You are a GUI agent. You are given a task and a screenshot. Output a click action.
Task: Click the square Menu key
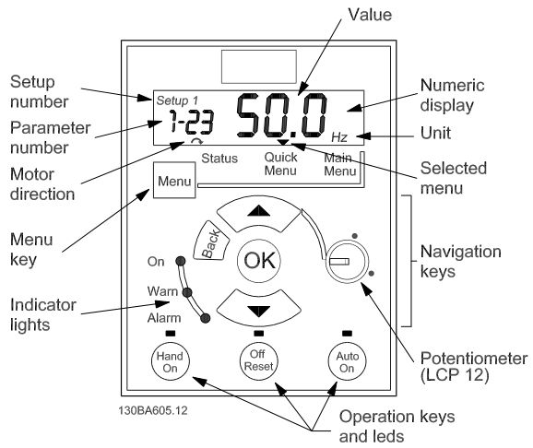click(174, 180)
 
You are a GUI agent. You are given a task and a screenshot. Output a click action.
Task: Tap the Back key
click(211, 242)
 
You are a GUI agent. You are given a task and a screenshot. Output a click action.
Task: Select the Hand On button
click(170, 361)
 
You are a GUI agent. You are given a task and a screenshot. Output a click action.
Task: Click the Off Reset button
click(259, 360)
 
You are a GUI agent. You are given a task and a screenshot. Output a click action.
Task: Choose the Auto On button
click(347, 361)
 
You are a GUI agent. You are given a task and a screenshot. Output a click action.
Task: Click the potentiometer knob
click(347, 261)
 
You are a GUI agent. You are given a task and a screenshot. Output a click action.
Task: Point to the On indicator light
click(181, 261)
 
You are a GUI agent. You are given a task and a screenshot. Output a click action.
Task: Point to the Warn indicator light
click(187, 292)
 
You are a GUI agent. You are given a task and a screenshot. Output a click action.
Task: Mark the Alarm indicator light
click(206, 319)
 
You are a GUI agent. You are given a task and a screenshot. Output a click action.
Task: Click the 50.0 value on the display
click(282, 115)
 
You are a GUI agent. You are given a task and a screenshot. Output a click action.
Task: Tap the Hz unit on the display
click(339, 137)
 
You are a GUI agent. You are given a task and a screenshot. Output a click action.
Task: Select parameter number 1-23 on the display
click(192, 122)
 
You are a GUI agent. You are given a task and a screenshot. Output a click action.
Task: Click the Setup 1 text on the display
click(177, 100)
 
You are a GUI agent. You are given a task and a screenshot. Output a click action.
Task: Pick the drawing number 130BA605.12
click(153, 410)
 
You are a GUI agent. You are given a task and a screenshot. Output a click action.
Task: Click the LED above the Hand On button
click(170, 334)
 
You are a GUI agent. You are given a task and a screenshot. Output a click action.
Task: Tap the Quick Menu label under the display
click(280, 164)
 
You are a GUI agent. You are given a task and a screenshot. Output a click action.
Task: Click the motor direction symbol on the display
click(196, 141)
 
